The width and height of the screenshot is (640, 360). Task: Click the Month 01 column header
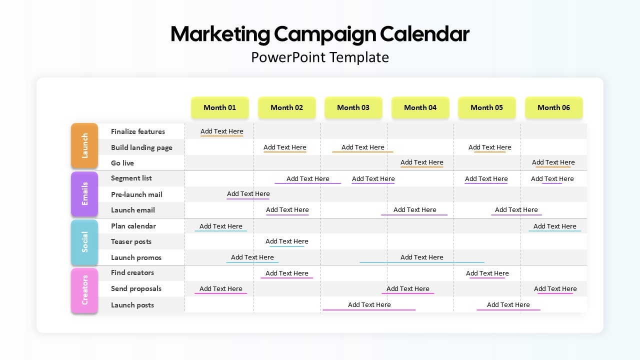219,107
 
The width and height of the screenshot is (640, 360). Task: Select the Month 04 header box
420,107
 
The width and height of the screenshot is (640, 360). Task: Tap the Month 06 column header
553,107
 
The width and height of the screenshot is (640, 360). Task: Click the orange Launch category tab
84,145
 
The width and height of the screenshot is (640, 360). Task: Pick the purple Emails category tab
84,193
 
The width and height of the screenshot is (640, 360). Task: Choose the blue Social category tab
84,242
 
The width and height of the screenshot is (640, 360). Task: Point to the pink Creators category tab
84,290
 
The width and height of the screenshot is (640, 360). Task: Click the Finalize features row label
138,131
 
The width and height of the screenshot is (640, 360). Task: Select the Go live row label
122,163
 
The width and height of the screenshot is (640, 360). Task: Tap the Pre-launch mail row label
136,194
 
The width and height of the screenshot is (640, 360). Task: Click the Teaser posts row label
131,241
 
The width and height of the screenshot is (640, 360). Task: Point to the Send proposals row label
136,288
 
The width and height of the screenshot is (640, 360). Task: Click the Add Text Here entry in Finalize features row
221,131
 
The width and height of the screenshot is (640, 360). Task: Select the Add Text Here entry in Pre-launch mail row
248,193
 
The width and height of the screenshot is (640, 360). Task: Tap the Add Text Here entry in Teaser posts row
287,241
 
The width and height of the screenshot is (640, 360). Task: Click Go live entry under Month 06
553,162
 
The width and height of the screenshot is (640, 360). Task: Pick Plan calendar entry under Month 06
555,226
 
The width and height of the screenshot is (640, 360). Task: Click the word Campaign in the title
325,35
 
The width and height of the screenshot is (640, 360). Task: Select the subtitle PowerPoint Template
320,57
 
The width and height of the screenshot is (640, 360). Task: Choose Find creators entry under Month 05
487,273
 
